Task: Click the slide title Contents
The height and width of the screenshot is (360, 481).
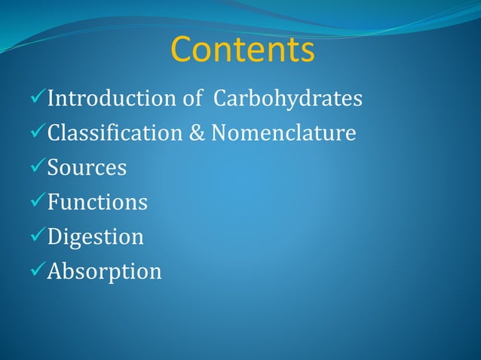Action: click(242, 50)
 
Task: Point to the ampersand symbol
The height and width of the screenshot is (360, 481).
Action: click(196, 133)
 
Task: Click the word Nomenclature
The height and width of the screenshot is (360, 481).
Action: click(283, 133)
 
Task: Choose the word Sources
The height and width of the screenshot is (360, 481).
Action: click(87, 168)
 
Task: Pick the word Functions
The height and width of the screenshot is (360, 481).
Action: click(97, 203)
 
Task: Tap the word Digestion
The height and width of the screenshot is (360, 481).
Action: click(95, 237)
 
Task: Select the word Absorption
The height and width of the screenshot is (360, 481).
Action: click(104, 272)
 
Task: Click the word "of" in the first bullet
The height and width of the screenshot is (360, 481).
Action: click(191, 99)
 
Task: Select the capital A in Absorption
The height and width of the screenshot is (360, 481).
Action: click(54, 271)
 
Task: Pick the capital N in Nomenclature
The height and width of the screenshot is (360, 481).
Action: click(219, 133)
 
